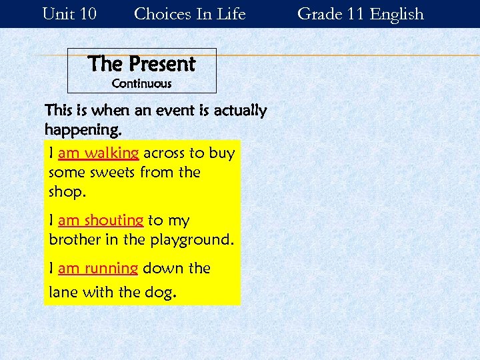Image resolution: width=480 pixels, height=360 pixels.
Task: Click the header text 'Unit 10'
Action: pyautogui.click(x=69, y=13)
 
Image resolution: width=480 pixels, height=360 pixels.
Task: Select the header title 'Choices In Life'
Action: pyautogui.click(x=190, y=13)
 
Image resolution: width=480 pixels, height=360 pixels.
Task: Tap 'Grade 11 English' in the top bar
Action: pyautogui.click(x=360, y=13)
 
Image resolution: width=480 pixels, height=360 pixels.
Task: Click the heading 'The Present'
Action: pyautogui.click(x=141, y=64)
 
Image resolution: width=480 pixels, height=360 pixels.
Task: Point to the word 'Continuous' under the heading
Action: pyautogui.click(x=141, y=84)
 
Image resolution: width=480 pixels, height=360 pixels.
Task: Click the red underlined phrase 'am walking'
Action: pyautogui.click(x=98, y=153)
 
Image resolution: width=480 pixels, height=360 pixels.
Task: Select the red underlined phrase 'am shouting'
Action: pyautogui.click(x=101, y=221)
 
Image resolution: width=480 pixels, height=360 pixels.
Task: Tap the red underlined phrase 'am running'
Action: pyautogui.click(x=98, y=269)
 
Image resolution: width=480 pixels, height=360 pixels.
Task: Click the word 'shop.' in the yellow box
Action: pyautogui.click(x=67, y=192)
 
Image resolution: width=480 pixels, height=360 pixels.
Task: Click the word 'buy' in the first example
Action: pyautogui.click(x=222, y=153)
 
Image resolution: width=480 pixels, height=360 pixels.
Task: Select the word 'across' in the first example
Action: pyautogui.click(x=164, y=153)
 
